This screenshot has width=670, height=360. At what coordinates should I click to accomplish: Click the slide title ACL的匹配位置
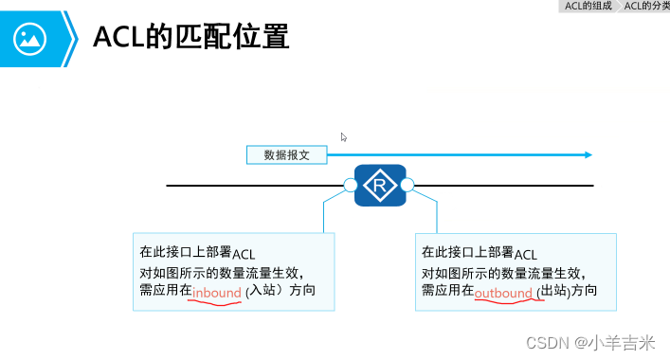coord(190,38)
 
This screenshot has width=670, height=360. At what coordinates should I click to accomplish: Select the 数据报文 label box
coord(286,154)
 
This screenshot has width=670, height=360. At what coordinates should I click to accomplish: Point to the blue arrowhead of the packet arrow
coord(588,154)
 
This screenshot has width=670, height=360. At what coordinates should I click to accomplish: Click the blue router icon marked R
coord(379,184)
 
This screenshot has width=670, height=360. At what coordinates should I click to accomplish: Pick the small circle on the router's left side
coord(350,185)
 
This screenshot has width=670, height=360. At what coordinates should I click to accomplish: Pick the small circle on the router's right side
coord(407,185)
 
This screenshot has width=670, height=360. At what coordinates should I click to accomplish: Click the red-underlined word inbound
coord(216,294)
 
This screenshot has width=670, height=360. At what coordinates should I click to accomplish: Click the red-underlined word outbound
coord(503,294)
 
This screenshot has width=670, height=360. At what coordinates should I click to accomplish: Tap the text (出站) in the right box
coord(552,293)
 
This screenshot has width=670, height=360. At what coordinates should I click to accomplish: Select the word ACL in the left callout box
coord(244,254)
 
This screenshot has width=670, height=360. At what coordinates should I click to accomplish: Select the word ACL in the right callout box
coord(525,254)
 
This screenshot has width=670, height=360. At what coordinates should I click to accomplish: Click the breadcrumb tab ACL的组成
coord(588,6)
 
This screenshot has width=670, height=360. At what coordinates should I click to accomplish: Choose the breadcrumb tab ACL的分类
coord(646,6)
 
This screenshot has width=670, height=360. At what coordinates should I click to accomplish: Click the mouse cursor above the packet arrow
coord(344,137)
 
